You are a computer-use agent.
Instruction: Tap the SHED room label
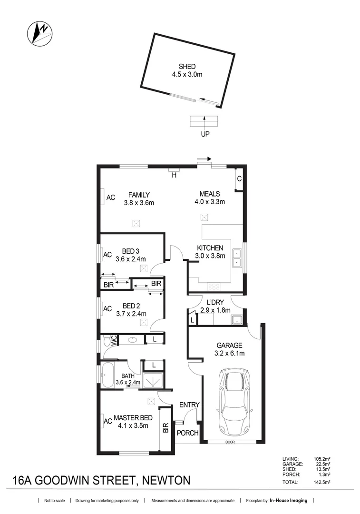click(x=187, y=67)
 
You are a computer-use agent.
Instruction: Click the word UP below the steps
click(x=204, y=134)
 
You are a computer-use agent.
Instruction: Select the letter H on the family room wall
click(x=174, y=175)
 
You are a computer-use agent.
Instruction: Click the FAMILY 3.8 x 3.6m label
click(x=139, y=198)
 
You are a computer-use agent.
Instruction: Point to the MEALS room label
click(x=209, y=194)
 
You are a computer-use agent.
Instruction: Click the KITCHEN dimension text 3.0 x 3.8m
click(x=209, y=256)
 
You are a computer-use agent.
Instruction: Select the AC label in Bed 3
click(x=107, y=254)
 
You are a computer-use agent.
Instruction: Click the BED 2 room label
click(x=131, y=306)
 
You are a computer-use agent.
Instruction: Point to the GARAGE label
click(x=230, y=346)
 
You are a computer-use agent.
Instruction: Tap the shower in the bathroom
click(x=154, y=380)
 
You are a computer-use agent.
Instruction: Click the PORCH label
click(x=187, y=433)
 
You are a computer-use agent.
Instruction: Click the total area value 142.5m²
click(x=321, y=482)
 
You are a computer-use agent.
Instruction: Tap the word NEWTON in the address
click(x=164, y=480)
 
